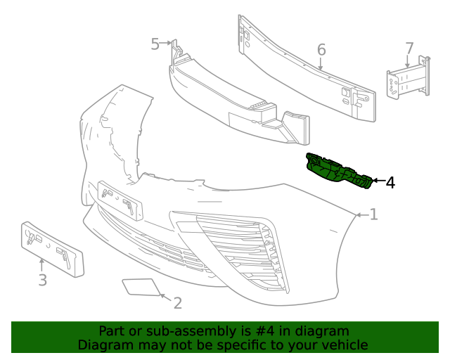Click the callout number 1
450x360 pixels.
point(374,214)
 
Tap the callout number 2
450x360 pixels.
point(177,303)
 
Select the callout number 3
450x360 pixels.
point(42,281)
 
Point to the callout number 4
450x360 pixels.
point(390,183)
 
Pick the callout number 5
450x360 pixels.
point(155,44)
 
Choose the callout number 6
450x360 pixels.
point(321,50)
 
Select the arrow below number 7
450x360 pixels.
point(408,63)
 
